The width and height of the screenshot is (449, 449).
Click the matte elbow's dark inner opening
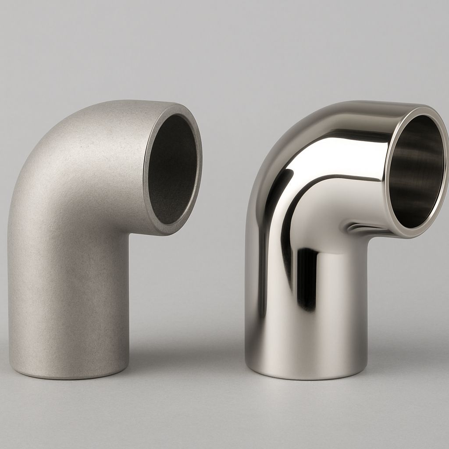click(x=172, y=169)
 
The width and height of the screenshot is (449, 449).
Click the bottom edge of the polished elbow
click(x=307, y=378)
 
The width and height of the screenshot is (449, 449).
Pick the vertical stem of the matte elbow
click(x=70, y=298)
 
